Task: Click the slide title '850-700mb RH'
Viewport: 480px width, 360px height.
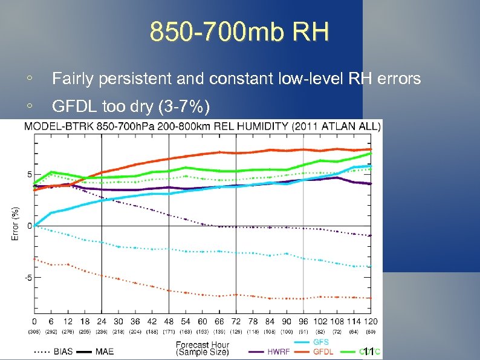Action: coord(239,32)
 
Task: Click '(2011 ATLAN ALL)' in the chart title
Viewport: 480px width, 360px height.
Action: coord(336,126)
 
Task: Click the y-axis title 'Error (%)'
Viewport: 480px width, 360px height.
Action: coord(15,224)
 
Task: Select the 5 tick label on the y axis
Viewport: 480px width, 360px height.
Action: coord(30,175)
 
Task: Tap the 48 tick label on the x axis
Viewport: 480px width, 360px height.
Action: coord(169,321)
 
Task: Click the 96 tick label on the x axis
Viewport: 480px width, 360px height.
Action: coord(303,321)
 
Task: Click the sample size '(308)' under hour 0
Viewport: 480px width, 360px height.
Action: coord(34,332)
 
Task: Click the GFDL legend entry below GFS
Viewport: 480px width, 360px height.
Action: coord(323,351)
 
